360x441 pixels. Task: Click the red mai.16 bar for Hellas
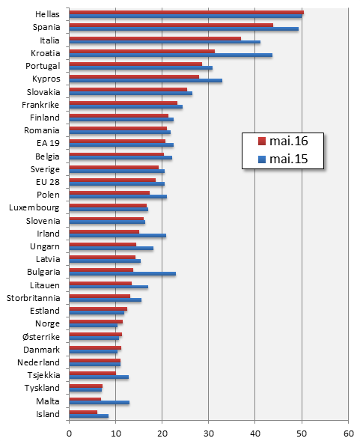pyautogui.click(x=186, y=12)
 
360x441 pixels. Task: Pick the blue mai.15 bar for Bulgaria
pyautogui.click(x=122, y=273)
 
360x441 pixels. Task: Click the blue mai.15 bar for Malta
pyautogui.click(x=99, y=403)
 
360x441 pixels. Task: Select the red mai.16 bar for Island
pyautogui.click(x=83, y=411)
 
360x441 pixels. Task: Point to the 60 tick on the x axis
pyautogui.click(x=348, y=432)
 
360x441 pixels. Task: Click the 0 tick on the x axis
pyautogui.click(x=69, y=432)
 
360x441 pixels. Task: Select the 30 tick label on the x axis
pyautogui.click(x=209, y=432)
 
